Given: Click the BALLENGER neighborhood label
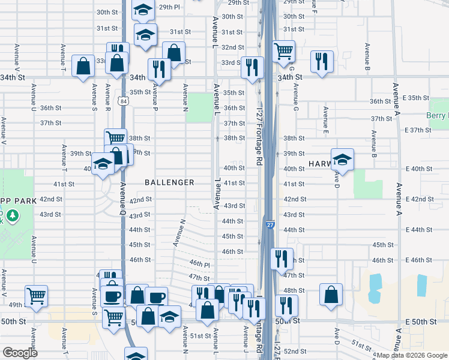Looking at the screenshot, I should point(169,182).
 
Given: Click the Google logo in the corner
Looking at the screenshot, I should point(20,353).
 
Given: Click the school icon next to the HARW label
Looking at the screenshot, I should point(342,159).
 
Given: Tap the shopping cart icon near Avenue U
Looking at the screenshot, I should point(36,296).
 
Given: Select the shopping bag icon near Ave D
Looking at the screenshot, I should point(331,295).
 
